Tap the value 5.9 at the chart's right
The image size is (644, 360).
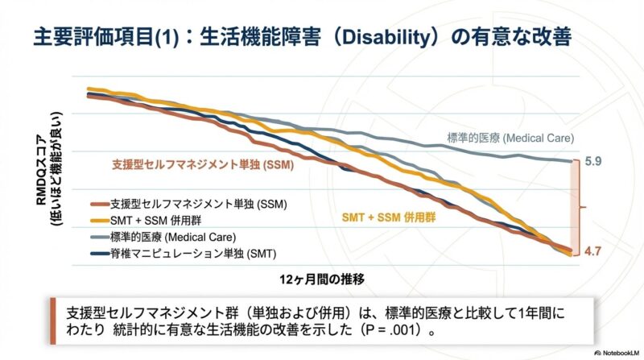click(593, 161)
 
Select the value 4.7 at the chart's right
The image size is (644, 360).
click(593, 252)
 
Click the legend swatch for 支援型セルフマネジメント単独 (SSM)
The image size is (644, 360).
click(100, 203)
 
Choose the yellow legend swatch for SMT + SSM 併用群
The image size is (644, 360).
click(100, 220)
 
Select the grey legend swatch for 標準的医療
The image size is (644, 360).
click(100, 237)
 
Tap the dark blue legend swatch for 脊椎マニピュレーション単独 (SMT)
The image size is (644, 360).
click(100, 254)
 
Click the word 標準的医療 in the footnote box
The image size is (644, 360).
click(414, 311)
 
